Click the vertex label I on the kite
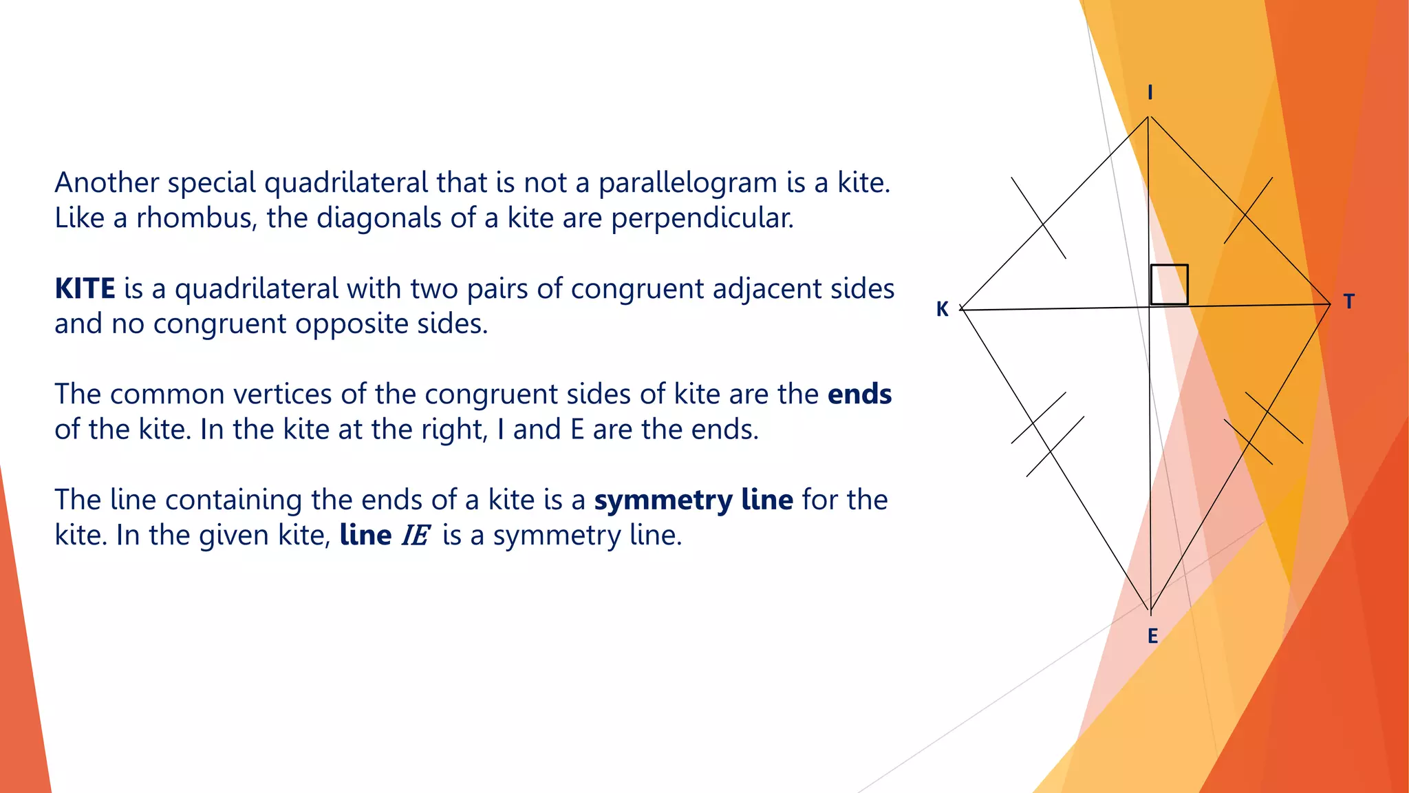coord(1150,92)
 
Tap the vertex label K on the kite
coord(942,309)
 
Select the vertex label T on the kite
coord(1348,302)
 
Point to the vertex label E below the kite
coord(1152,636)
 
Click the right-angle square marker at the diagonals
coord(1169,284)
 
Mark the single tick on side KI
coord(1039,218)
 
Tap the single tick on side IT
coord(1248,211)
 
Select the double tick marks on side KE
coord(1047,434)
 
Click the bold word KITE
coord(85,288)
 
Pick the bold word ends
coord(859,394)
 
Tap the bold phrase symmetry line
coord(693,500)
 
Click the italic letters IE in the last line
coord(416,536)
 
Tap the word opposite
coord(352,324)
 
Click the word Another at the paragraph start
coord(107,183)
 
